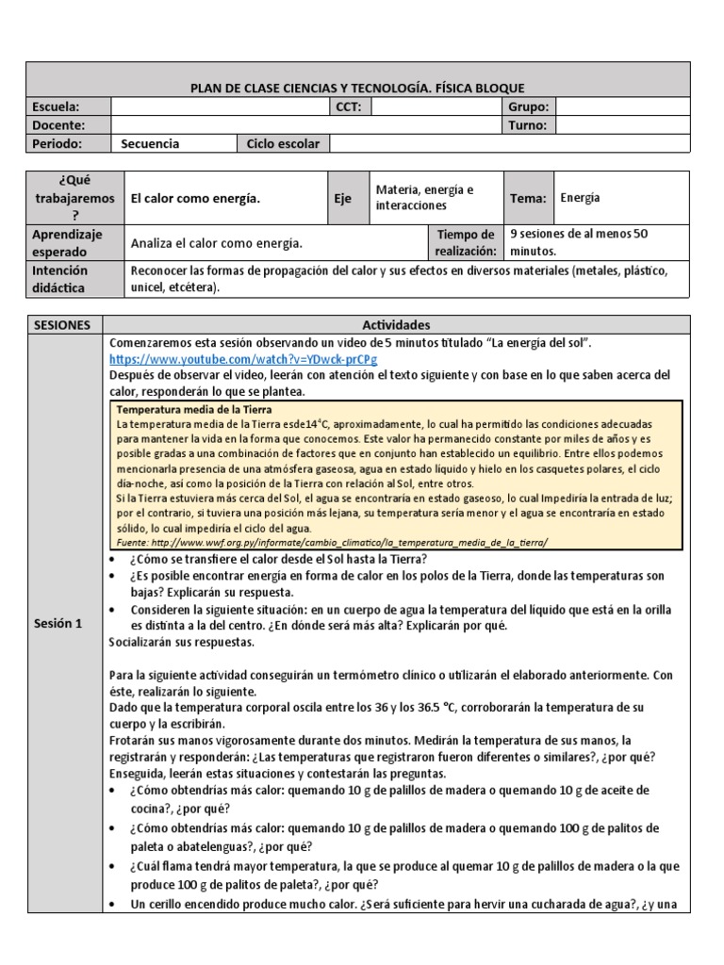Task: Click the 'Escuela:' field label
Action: (57, 106)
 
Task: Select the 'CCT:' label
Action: (349, 106)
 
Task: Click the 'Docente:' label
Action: (58, 124)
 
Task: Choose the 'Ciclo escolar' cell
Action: (283, 143)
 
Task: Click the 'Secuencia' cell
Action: (150, 143)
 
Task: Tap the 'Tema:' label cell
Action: (528, 198)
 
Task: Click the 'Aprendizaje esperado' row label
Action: (67, 242)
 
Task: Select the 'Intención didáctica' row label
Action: (58, 279)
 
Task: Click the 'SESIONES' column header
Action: (62, 324)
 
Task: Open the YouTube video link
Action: (243, 359)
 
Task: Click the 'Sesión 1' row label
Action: (58, 623)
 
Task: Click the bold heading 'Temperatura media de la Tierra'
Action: (193, 409)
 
